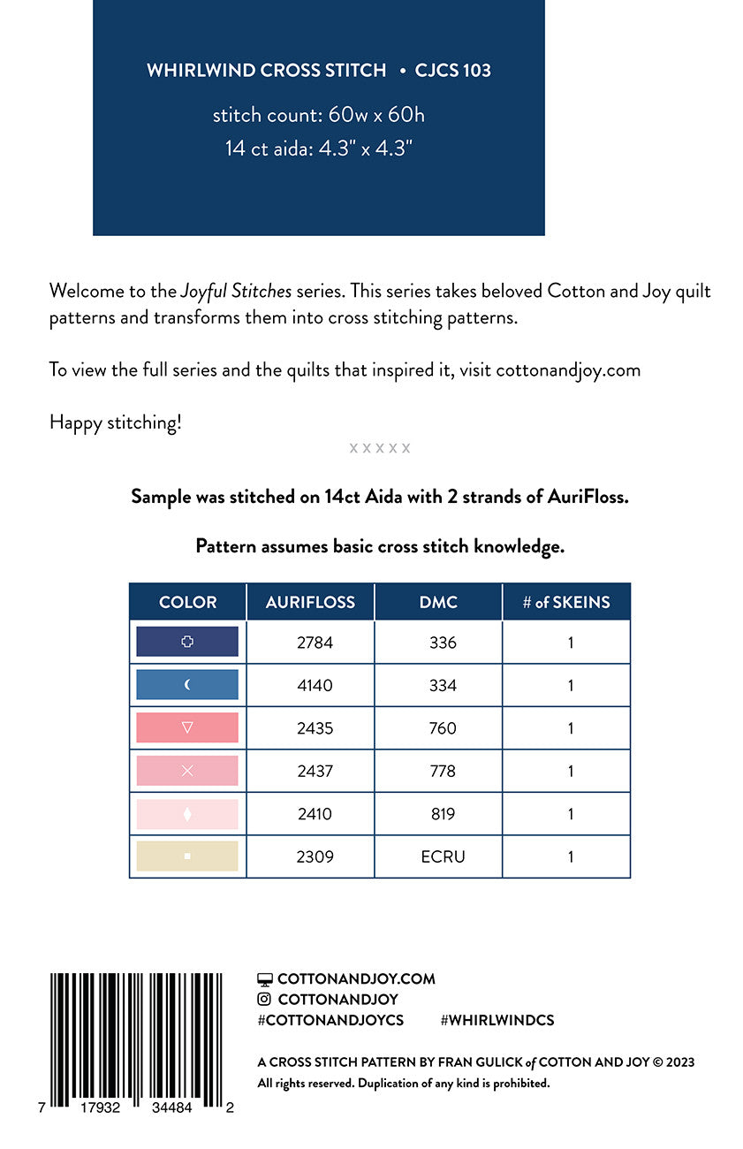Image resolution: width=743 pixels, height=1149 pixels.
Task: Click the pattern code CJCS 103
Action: click(452, 71)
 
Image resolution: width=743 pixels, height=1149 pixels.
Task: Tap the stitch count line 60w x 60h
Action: click(318, 115)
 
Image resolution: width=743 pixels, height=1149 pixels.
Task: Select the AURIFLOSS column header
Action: click(310, 602)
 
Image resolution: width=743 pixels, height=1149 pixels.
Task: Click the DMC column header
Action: click(438, 602)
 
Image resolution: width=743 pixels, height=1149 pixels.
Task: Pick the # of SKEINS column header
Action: click(566, 602)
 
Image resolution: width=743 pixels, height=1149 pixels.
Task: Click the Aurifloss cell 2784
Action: click(315, 643)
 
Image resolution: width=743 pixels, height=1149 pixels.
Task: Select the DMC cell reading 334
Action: click(443, 685)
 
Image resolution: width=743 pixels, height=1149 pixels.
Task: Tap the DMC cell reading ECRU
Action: click(443, 856)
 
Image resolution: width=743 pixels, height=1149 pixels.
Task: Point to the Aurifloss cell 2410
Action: click(315, 814)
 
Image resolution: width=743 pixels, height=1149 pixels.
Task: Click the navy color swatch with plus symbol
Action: click(187, 642)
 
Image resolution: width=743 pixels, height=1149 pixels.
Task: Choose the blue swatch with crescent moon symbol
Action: click(187, 685)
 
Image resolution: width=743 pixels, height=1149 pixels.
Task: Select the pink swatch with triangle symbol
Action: click(187, 727)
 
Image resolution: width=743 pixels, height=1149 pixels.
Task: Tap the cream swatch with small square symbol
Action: click(187, 856)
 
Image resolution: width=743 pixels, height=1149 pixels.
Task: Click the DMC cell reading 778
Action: click(443, 771)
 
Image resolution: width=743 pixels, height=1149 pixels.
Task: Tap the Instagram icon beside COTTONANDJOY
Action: click(264, 1000)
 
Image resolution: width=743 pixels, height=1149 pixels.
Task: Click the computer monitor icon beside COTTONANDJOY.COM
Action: click(264, 979)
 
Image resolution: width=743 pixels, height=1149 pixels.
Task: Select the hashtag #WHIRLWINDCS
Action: click(497, 1020)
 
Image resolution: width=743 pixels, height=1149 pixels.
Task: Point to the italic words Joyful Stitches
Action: click(236, 292)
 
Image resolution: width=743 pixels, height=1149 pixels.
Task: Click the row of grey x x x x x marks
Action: click(380, 448)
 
